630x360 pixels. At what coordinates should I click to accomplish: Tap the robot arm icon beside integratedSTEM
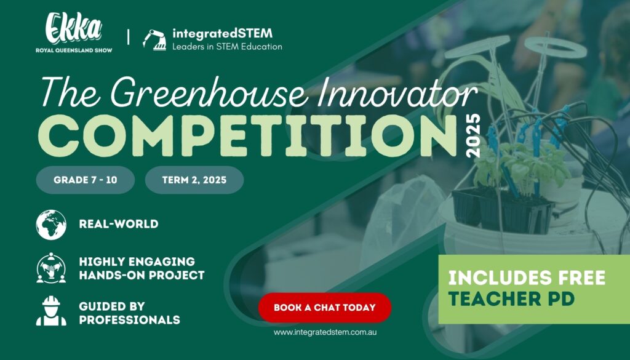coord(154,40)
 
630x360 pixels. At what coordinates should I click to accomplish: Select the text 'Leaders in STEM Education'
coord(227,47)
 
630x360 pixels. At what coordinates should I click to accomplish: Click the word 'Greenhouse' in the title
coord(210,92)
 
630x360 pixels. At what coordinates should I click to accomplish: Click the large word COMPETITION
coord(247,136)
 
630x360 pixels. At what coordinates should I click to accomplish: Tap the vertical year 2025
coord(473,135)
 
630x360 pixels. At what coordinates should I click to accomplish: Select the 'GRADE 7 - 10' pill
coord(86,180)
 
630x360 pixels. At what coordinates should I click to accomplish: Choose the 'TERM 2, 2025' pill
coord(194,180)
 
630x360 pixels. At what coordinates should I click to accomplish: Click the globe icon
coord(51,225)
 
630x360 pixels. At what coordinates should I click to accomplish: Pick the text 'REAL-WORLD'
coord(119,224)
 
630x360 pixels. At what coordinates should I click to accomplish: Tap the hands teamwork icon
coord(51,268)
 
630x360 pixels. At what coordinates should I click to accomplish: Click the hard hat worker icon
coord(51,311)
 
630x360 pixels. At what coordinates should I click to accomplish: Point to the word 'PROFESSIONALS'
coord(129,320)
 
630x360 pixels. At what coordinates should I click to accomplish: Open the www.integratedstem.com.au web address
coord(325,332)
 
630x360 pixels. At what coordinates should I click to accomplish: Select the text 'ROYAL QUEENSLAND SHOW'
coord(74,50)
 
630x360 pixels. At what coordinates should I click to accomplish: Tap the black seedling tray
coord(502,211)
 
